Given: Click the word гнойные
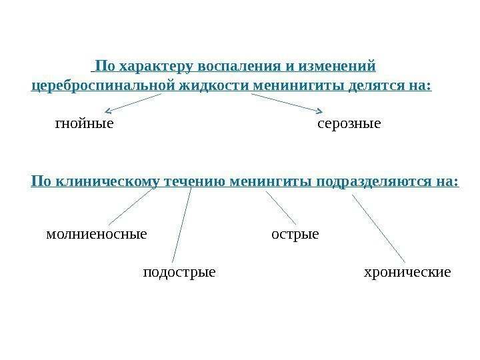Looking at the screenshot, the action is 83,123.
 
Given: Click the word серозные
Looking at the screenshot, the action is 349,123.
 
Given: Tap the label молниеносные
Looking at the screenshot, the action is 97,235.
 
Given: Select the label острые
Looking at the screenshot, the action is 295,235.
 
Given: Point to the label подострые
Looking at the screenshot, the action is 179,272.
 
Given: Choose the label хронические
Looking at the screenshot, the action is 407,272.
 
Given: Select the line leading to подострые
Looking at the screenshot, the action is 181,225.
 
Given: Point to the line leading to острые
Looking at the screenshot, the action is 281,207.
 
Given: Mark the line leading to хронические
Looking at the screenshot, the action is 378,227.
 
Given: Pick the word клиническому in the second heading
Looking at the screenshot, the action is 101,181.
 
